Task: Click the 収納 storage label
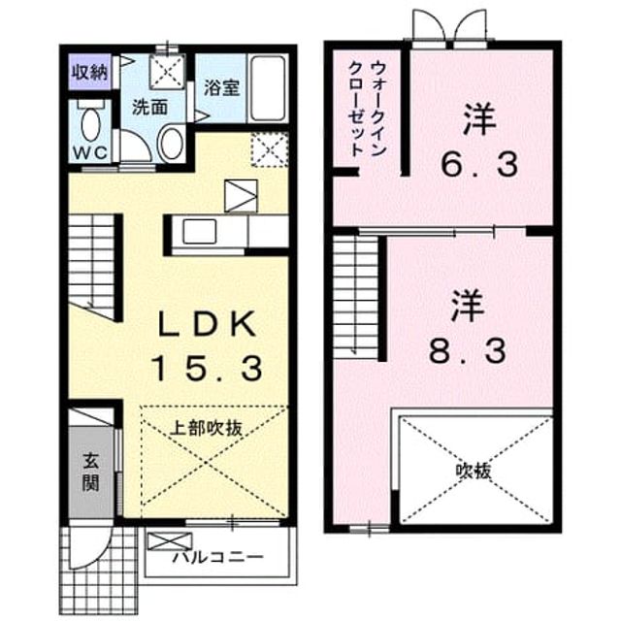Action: click(89, 73)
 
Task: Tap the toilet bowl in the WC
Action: click(90, 124)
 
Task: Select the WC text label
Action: click(90, 153)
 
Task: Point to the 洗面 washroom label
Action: click(149, 107)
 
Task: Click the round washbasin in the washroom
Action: click(171, 144)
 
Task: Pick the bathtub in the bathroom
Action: click(268, 88)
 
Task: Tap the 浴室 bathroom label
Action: click(222, 87)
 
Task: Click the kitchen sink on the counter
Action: click(200, 232)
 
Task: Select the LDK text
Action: click(206, 324)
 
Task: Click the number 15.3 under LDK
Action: click(208, 369)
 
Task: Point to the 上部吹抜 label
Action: click(206, 428)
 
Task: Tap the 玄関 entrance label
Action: click(90, 473)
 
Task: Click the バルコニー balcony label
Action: click(218, 558)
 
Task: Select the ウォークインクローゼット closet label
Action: click(367, 109)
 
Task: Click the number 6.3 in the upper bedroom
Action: click(479, 165)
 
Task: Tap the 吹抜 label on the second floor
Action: click(474, 472)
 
